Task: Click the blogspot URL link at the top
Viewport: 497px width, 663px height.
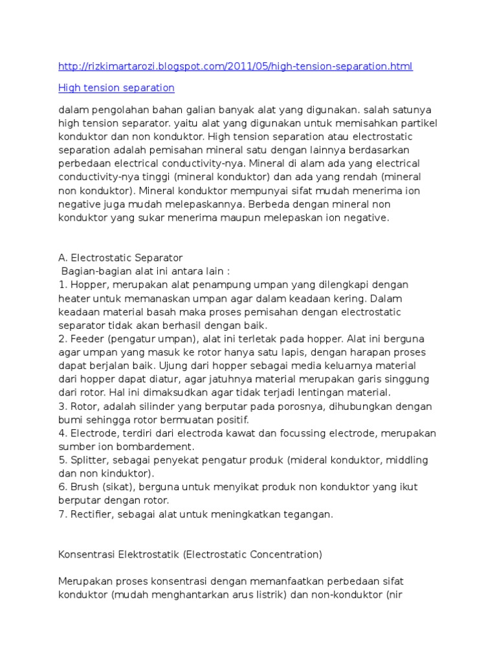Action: coord(235,67)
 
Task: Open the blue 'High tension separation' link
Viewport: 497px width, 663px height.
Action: coord(116,87)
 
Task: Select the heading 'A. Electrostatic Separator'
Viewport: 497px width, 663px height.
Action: coord(120,258)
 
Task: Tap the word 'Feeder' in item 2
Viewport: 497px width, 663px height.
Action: coord(83,339)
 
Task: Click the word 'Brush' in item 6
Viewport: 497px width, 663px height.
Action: coord(82,488)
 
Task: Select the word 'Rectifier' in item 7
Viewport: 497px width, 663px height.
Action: coord(89,514)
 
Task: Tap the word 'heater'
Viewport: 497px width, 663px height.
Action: coord(72,298)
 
